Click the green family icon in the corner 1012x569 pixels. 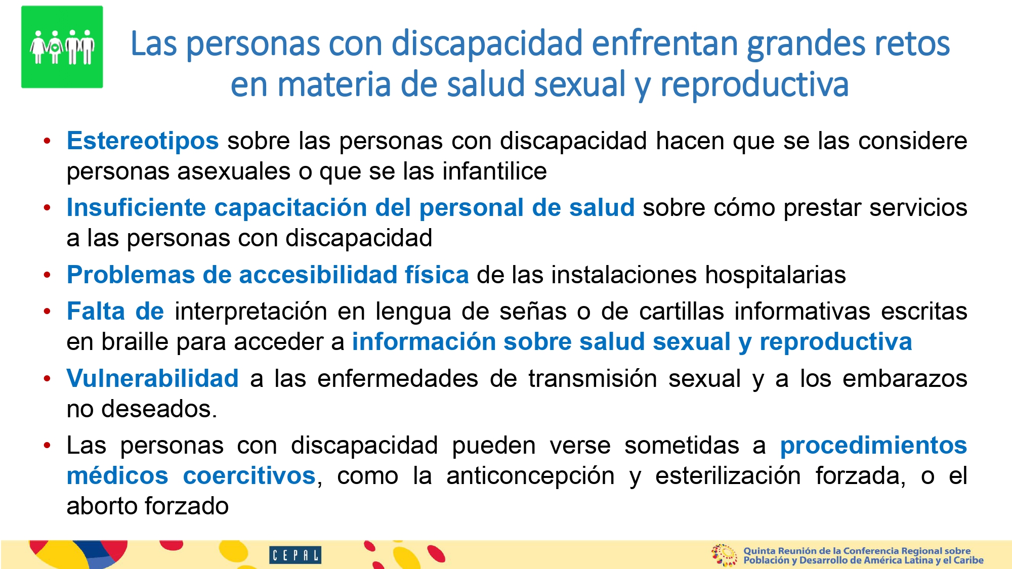62,47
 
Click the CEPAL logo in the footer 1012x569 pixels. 295,555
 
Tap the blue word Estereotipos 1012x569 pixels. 143,141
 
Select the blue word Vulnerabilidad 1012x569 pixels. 152,378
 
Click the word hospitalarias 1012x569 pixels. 775,275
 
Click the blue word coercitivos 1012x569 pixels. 249,475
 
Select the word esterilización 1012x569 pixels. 728,475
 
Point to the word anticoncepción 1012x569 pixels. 530,476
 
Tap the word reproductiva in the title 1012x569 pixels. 754,84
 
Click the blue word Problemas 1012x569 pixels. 131,275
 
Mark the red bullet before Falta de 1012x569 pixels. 47,312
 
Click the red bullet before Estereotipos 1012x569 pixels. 47,141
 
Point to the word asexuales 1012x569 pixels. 233,171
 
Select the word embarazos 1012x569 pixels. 905,378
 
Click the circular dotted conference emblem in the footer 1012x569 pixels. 724,555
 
